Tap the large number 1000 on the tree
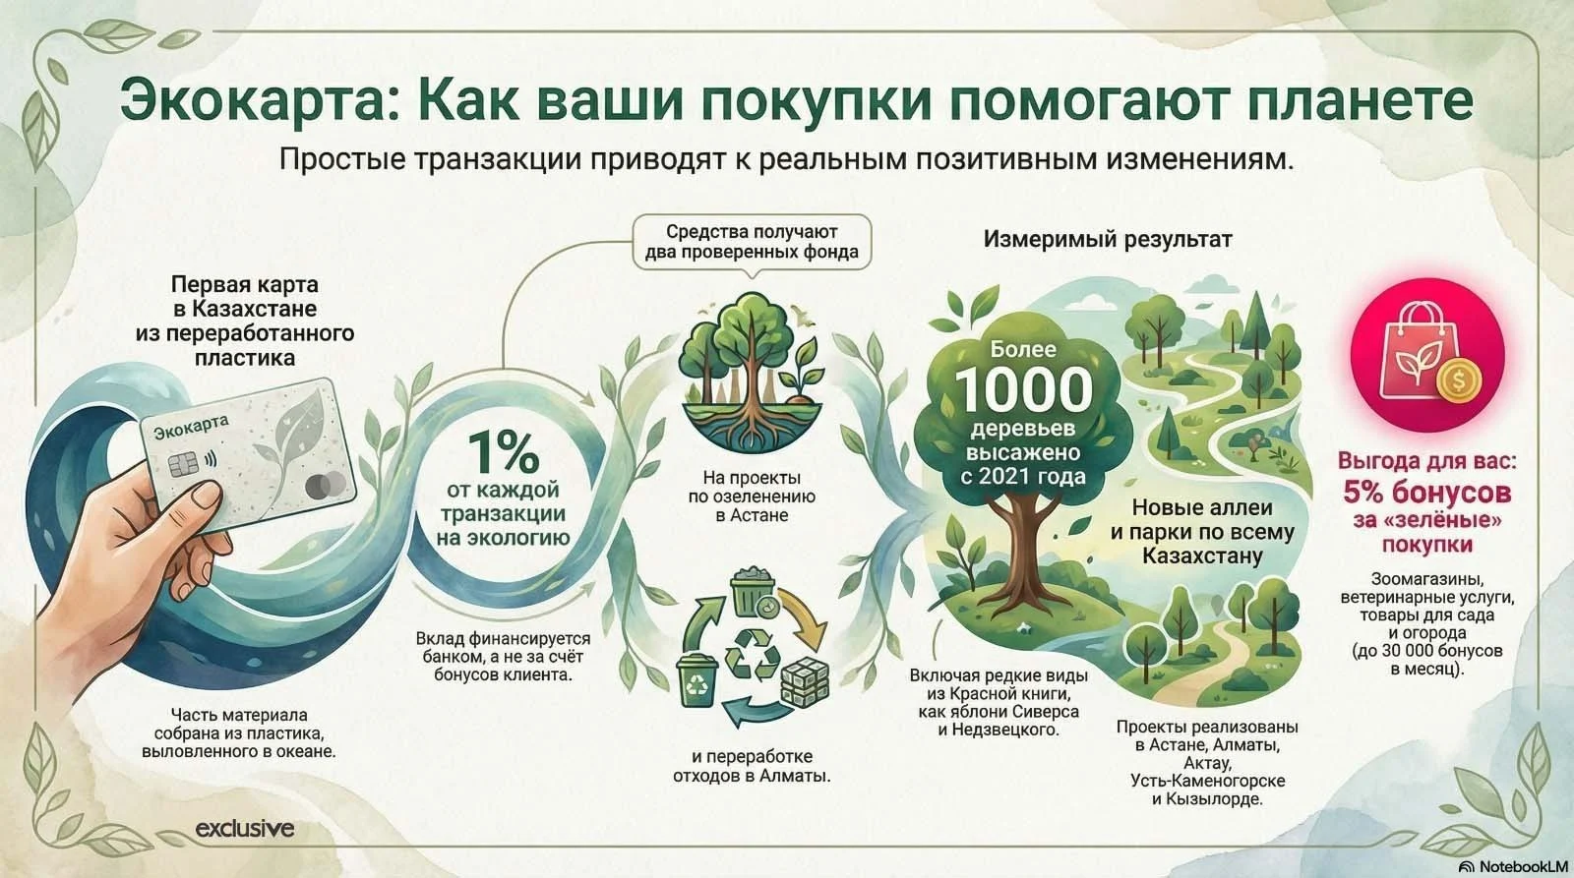tap(1024, 389)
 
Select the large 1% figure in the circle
tap(503, 453)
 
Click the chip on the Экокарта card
tap(182, 464)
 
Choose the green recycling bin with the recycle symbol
tap(696, 679)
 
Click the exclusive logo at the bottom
tap(245, 828)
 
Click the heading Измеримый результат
tap(1108, 240)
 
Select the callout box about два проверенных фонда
tap(752, 241)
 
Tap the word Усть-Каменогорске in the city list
tap(1207, 781)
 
